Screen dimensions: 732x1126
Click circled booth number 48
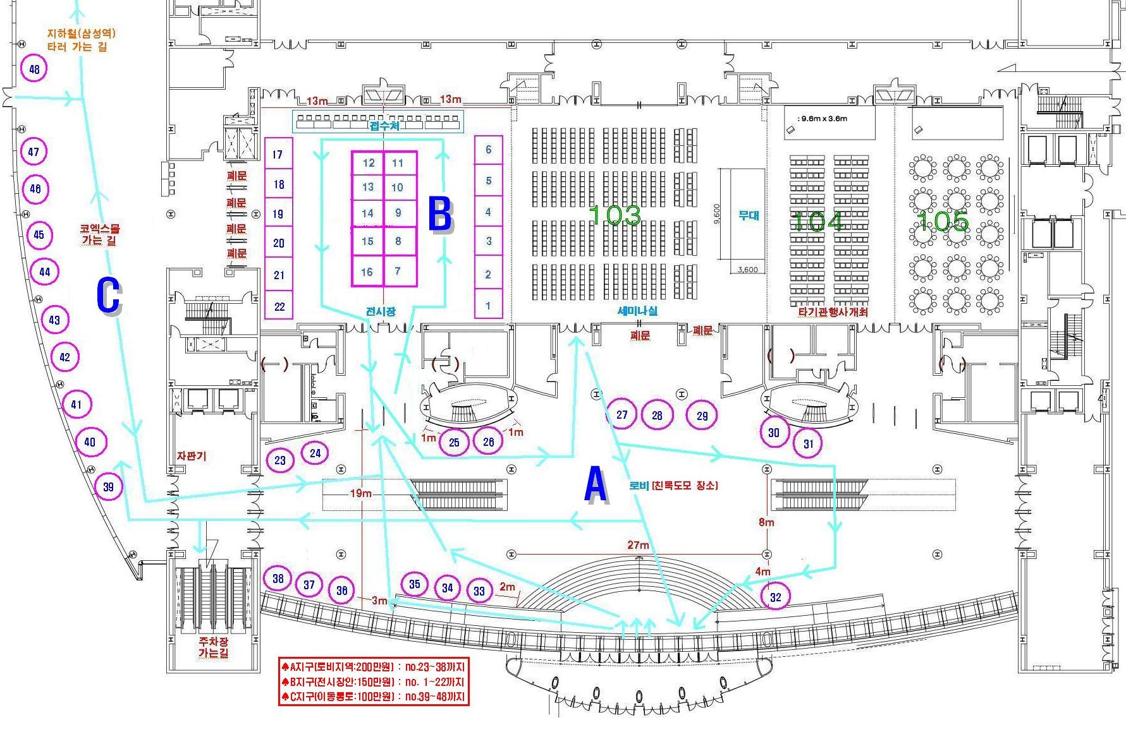pos(34,69)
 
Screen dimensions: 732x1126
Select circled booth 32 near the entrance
pos(775,597)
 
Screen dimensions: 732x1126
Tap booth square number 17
pos(278,154)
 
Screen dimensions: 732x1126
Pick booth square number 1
pos(488,306)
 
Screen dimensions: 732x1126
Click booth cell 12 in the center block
pos(369,163)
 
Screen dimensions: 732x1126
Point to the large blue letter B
pos(440,215)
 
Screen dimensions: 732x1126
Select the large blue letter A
pos(596,485)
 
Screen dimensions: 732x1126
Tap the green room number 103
pos(615,215)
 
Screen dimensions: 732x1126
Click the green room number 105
pos(942,221)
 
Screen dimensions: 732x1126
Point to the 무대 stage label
pos(749,215)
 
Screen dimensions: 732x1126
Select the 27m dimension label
pos(638,545)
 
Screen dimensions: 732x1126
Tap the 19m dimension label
pos(360,493)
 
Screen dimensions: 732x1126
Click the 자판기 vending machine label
pos(192,456)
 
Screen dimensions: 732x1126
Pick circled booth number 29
pos(702,415)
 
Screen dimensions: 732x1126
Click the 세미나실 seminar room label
pos(637,311)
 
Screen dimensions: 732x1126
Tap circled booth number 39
pos(108,486)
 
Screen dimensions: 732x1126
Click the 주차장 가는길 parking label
pos(214,647)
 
